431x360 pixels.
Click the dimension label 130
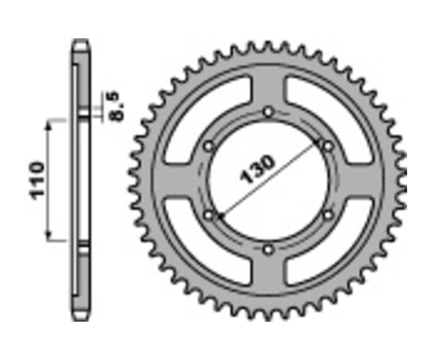pyautogui.click(x=259, y=170)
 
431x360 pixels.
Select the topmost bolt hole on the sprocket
pyautogui.click(x=268, y=112)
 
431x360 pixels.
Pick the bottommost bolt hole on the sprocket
pyautogui.click(x=268, y=249)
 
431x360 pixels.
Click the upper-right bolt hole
pyautogui.click(x=328, y=146)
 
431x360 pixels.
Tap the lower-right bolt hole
pyautogui.click(x=328, y=215)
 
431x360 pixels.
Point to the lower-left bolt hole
pyautogui.click(x=209, y=215)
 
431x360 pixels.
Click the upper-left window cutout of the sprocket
pyautogui.click(x=201, y=115)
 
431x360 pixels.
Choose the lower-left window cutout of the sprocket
pyautogui.click(x=201, y=247)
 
